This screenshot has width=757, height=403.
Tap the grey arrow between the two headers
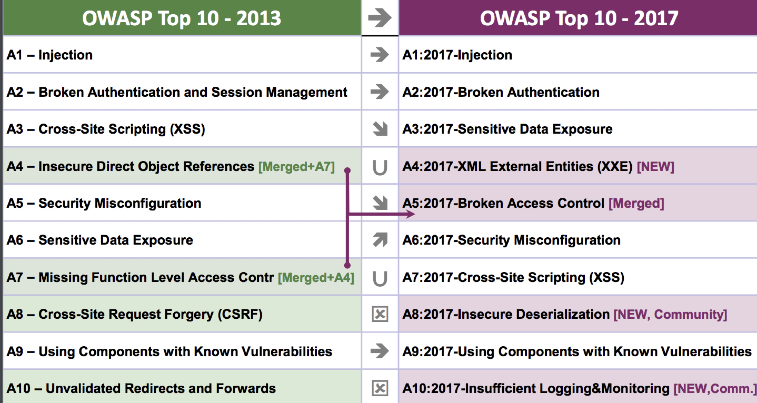(380, 18)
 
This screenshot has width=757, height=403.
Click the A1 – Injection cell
(182, 55)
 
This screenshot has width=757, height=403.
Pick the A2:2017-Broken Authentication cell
(578, 92)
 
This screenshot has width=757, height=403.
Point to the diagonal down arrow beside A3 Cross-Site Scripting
(380, 129)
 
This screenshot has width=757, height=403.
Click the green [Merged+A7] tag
(297, 167)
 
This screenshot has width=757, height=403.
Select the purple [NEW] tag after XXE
(655, 167)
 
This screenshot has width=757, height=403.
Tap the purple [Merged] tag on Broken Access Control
(636, 203)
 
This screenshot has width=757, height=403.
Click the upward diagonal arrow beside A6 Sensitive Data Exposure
(380, 240)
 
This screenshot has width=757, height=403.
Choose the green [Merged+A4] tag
(316, 278)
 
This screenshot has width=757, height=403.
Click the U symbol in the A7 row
(380, 278)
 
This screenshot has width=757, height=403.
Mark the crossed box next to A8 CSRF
(380, 314)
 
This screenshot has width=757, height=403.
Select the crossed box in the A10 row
(380, 388)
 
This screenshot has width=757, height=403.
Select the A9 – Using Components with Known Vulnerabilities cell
(182, 351)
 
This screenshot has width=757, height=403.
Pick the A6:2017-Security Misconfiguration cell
(578, 240)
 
